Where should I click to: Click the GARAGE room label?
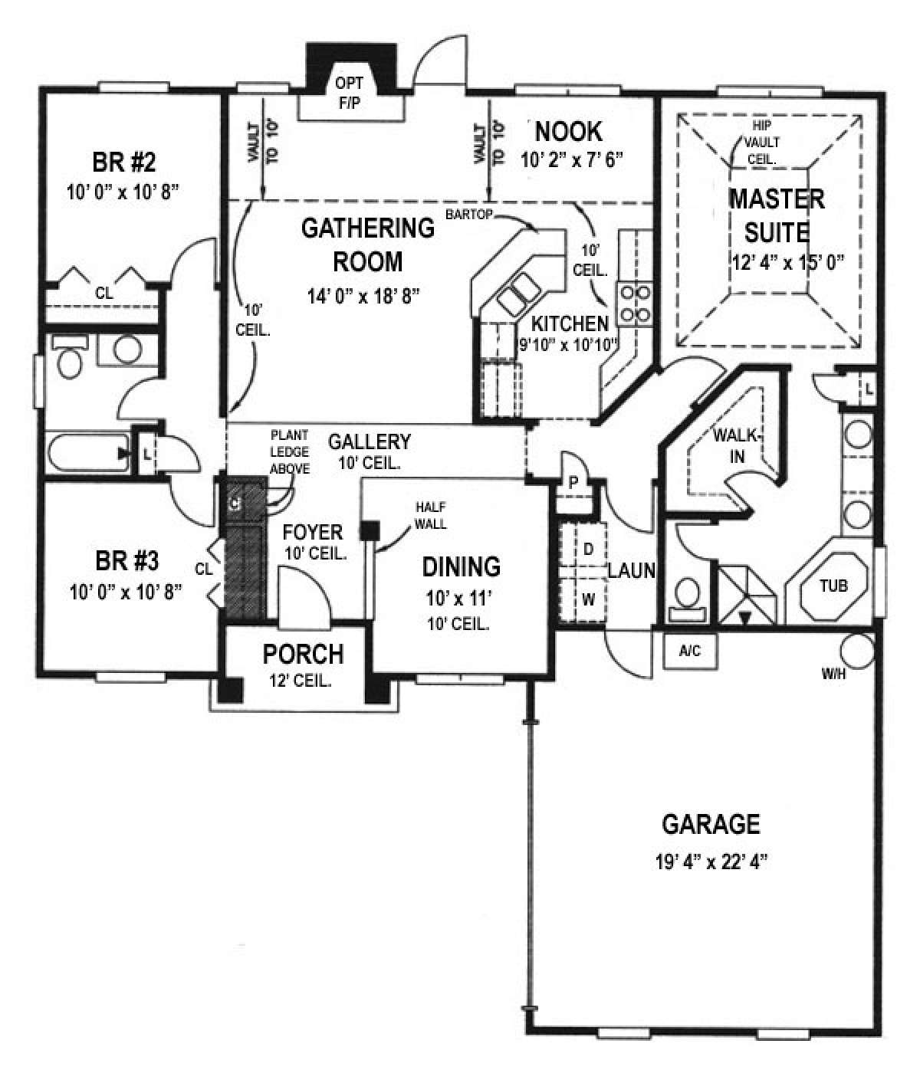coord(710,824)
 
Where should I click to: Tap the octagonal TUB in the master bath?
coord(833,586)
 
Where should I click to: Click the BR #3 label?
coord(127,561)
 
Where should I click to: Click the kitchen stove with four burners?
coord(636,302)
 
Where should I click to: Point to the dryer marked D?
coord(588,549)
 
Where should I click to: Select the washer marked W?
coord(588,599)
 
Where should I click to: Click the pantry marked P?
coord(572,483)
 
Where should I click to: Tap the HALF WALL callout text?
coord(430,516)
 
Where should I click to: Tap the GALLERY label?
coord(370,441)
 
